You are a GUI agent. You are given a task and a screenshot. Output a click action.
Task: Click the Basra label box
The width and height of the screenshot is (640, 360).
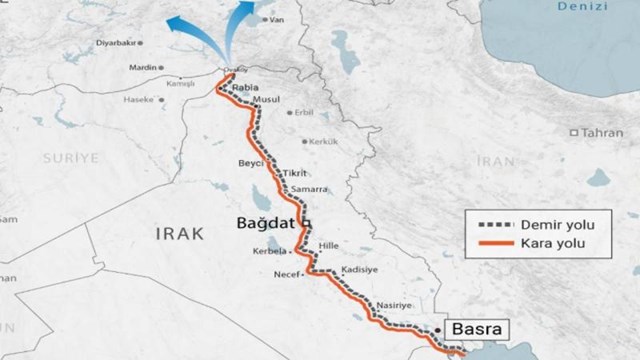tap(474, 326)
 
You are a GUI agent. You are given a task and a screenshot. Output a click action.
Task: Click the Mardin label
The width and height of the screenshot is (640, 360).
tap(147, 68)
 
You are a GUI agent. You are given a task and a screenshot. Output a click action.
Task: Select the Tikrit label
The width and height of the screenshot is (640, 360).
tap(295, 172)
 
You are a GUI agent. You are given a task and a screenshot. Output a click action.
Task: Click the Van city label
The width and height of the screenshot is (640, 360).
tap(266, 20)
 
